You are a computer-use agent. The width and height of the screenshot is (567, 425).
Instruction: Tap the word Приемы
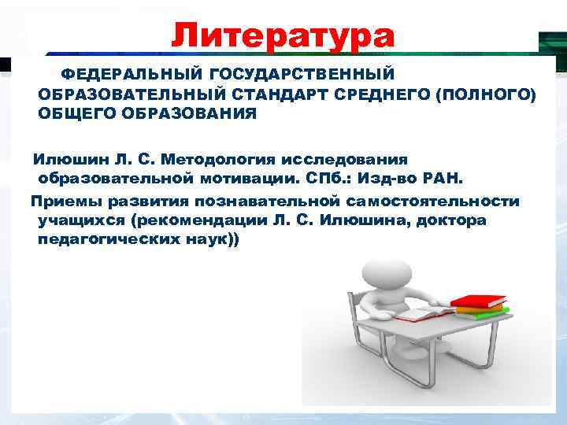click(x=63, y=201)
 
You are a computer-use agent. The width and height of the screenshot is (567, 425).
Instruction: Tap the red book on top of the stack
click(x=478, y=301)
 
